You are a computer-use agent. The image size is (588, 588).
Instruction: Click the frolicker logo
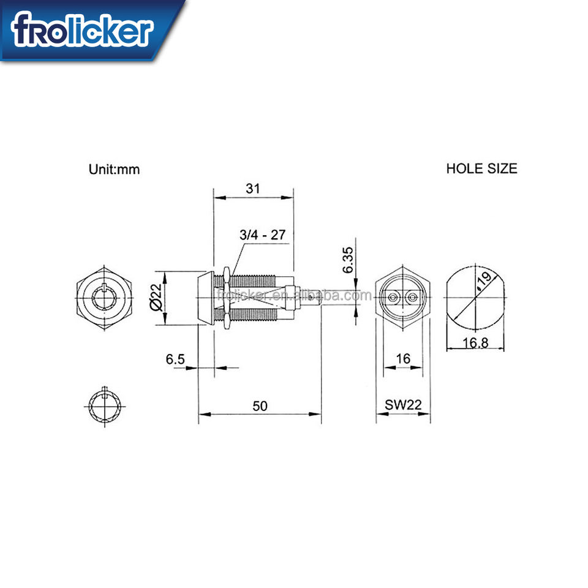[x=82, y=29]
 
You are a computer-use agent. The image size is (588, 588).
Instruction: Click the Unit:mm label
[x=114, y=170]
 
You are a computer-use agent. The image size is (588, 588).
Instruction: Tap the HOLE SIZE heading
[x=481, y=168]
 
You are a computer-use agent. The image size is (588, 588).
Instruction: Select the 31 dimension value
[x=253, y=188]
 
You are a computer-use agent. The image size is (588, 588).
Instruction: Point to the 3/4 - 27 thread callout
[x=263, y=235]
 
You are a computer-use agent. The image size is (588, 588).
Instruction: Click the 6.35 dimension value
[x=348, y=260]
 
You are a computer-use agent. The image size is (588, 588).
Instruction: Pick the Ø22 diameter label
[x=157, y=298]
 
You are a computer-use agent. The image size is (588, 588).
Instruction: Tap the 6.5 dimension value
[x=175, y=359]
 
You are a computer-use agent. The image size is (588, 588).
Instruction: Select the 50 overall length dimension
[x=260, y=405]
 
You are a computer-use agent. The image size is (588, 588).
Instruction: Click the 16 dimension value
[x=403, y=358]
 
